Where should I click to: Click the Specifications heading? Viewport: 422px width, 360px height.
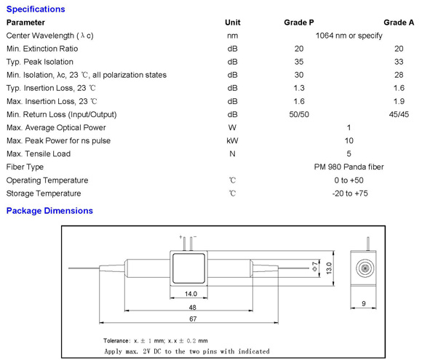36,9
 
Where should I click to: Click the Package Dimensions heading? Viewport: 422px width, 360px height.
49,211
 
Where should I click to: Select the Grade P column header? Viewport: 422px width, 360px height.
299,23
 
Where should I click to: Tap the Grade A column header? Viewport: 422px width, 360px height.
399,23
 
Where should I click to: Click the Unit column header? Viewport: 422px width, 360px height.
233,23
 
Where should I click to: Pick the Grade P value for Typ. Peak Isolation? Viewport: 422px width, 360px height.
299,62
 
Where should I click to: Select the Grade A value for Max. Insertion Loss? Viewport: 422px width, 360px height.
399,101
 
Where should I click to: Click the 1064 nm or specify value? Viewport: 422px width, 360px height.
349,36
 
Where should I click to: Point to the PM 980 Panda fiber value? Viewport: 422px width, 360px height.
349,167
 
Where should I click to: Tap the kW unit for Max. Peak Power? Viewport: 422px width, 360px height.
233,140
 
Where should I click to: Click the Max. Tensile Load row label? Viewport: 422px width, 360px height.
39,154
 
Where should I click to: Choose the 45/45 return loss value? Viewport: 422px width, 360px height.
399,115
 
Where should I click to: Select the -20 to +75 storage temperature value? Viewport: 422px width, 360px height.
350,193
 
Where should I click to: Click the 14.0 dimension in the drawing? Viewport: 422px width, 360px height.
191,294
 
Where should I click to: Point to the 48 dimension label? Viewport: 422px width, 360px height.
192,307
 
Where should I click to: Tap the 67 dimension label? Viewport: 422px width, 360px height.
193,319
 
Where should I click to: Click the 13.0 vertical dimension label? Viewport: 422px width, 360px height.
329,268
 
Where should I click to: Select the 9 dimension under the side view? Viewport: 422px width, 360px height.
364,303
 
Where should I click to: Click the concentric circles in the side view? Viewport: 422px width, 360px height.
365,268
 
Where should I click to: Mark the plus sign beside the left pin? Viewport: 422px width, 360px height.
180,237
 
